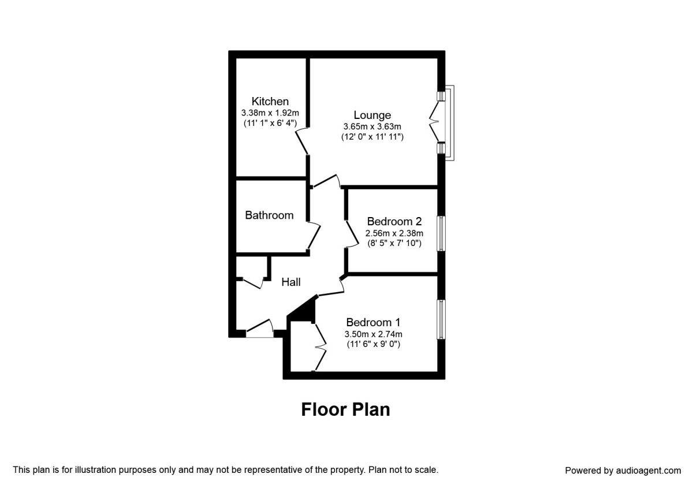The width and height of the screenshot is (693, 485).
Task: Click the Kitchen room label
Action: (270, 102)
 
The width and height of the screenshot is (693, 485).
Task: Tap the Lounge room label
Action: (372, 115)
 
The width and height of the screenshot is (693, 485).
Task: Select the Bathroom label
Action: (269, 215)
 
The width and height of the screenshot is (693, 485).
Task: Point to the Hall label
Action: (291, 282)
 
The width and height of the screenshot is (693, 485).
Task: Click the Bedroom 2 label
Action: (394, 222)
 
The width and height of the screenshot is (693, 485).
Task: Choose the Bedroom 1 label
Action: (373, 322)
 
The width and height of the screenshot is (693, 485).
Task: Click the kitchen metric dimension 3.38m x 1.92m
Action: (270, 113)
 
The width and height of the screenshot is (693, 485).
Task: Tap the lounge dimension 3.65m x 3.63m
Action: (372, 126)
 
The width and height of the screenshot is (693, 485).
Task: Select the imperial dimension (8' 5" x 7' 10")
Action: (394, 243)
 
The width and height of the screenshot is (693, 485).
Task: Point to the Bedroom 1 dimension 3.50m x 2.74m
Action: (374, 334)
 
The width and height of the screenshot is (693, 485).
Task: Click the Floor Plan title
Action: (345, 409)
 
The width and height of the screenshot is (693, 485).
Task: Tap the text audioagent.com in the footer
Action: (649, 471)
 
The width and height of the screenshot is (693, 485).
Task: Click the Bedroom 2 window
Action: (441, 233)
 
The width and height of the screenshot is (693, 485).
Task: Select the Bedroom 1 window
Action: (441, 319)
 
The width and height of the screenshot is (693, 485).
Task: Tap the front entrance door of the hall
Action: (260, 329)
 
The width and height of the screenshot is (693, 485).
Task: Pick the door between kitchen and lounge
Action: (301, 141)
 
